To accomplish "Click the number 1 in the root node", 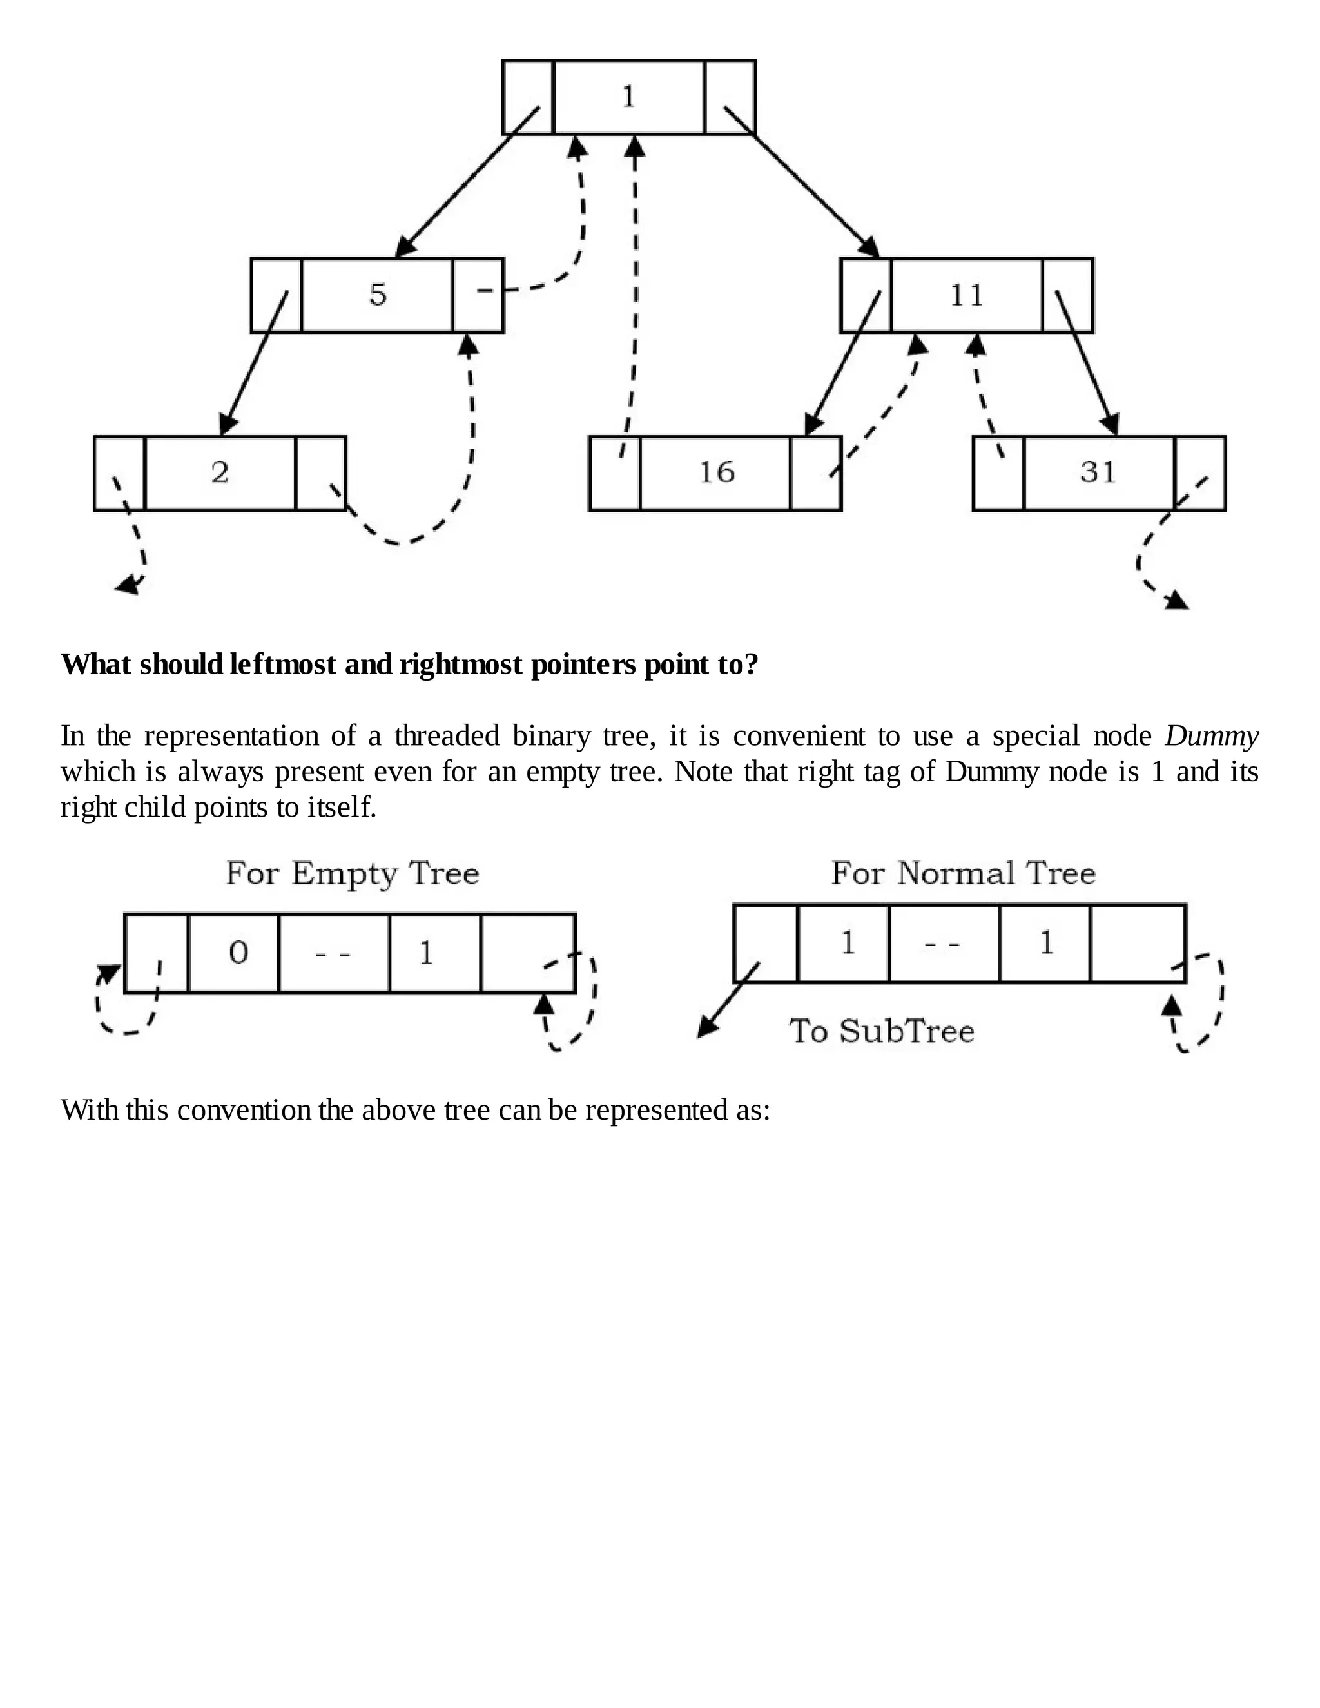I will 628,97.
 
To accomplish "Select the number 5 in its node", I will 378,295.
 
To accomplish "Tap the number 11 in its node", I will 967,295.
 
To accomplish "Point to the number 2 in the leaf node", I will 220,472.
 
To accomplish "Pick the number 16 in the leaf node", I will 716,472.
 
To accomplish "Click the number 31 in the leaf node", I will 1098,472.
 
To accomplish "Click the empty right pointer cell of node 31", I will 1200,473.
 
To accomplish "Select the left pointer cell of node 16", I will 615,473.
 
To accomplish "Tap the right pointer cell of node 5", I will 478,295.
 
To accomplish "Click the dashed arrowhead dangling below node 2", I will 128,585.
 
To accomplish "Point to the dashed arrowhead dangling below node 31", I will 1176,601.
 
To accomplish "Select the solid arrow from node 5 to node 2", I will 254,362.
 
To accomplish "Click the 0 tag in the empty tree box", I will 238,953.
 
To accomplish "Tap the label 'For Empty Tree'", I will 352,873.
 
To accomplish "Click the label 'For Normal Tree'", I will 963,873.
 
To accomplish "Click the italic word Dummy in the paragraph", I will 1210,736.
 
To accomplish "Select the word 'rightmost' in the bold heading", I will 461,665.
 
